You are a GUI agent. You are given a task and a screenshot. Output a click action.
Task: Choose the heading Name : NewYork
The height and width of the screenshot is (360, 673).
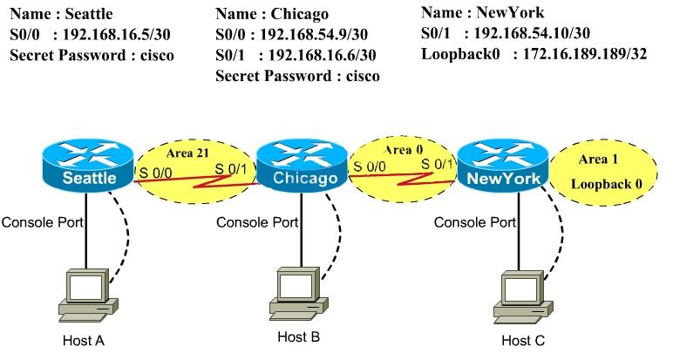[x=482, y=12]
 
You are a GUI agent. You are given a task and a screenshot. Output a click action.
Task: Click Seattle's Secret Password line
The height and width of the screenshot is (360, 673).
[x=92, y=55]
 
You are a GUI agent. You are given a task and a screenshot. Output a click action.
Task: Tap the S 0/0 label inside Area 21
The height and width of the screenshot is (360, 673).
[x=157, y=173]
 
